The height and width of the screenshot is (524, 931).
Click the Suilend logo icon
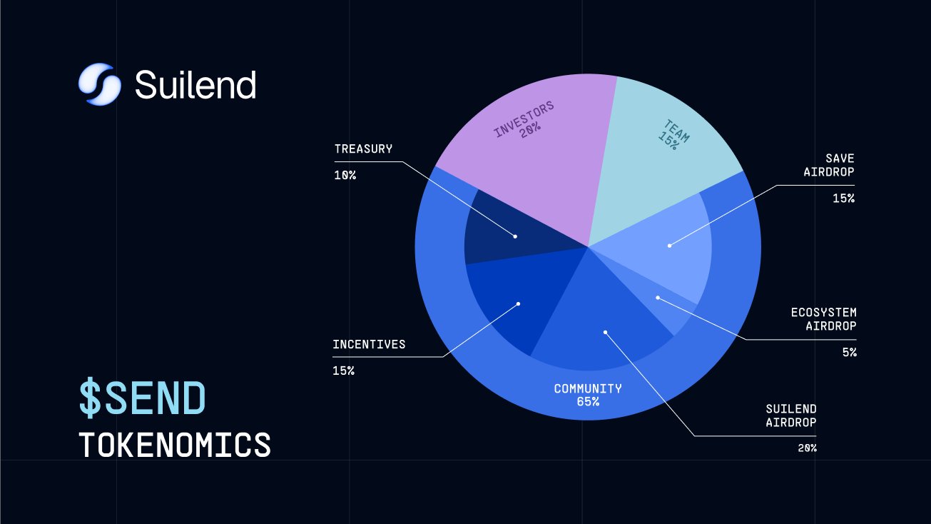click(97, 84)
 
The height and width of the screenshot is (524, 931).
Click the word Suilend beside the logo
click(195, 85)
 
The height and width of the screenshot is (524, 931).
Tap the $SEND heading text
click(142, 398)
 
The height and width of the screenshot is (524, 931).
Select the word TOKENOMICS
click(175, 445)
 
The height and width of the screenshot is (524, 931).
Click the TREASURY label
click(363, 149)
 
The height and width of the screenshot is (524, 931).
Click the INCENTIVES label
click(369, 345)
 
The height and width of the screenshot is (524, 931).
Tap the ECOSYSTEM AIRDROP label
click(823, 319)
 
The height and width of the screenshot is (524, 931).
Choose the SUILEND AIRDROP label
click(790, 415)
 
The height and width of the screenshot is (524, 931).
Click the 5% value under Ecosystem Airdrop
click(848, 352)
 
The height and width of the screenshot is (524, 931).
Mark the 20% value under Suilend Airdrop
click(808, 448)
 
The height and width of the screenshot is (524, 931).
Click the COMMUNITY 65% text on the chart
click(588, 395)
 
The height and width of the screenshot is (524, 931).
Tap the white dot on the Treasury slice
click(515, 236)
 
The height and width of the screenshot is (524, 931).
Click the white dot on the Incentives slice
click(518, 303)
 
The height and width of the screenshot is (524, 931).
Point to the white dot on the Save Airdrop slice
click(669, 246)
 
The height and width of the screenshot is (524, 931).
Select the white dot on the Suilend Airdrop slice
click(605, 332)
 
